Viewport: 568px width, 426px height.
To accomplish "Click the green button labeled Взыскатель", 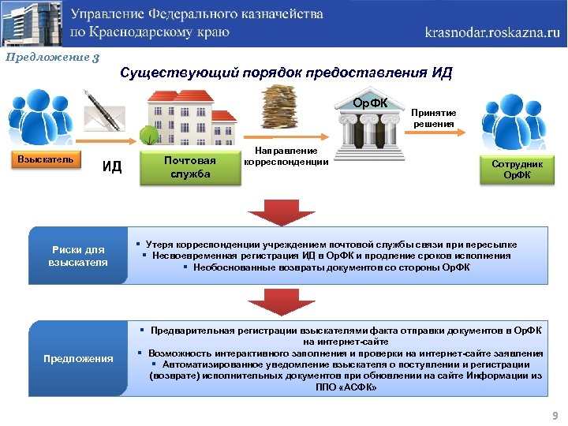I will coord(46,160).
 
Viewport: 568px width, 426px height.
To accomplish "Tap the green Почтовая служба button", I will coord(190,167).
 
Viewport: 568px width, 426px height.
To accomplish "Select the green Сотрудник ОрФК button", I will coord(517,168).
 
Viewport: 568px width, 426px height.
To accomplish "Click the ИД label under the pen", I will coord(113,166).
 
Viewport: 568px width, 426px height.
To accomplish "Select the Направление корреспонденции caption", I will coord(286,156).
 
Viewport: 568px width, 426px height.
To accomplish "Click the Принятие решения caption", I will coord(433,118).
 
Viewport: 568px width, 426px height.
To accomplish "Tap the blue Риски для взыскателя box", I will coord(78,256).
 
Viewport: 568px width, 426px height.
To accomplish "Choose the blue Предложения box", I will coord(78,358).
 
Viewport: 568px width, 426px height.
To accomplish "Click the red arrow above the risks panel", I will coord(267,209).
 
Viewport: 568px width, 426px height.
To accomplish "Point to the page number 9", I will coord(555,415).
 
